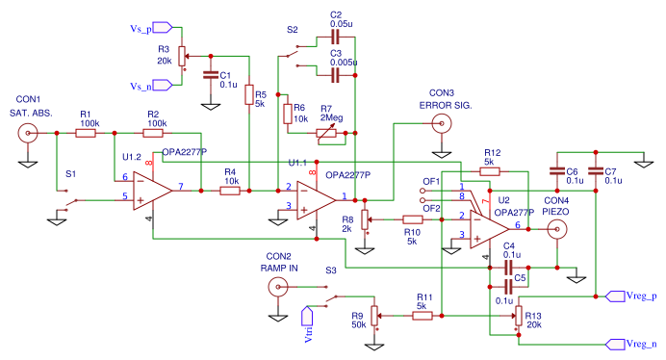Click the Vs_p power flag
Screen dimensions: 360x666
pos(161,28)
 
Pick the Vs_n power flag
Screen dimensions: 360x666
pos(161,86)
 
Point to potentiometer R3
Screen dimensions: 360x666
pos(182,56)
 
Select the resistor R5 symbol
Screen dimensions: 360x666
pos(248,95)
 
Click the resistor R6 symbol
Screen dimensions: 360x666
pos(287,115)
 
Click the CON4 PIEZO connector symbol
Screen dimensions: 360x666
pos(557,228)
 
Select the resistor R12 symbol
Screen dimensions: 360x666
pos(490,171)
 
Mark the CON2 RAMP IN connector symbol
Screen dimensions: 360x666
pos(278,286)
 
